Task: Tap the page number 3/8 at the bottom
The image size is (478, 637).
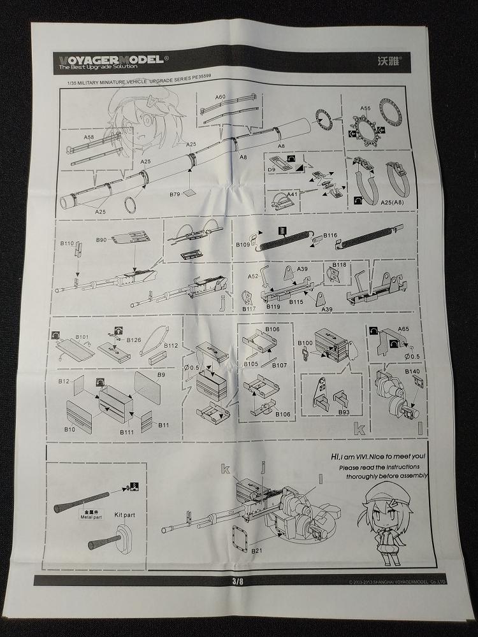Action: (x=238, y=580)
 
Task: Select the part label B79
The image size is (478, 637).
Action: (x=177, y=193)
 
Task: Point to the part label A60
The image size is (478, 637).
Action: (x=220, y=97)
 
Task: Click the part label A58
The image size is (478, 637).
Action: (x=89, y=137)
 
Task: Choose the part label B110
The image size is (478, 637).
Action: (x=68, y=243)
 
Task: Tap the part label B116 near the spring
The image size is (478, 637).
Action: (x=330, y=236)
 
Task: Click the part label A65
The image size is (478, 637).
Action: (x=403, y=329)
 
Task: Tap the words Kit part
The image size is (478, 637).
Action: (x=126, y=513)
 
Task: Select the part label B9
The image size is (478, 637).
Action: (x=161, y=375)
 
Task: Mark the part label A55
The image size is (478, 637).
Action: (x=364, y=109)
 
